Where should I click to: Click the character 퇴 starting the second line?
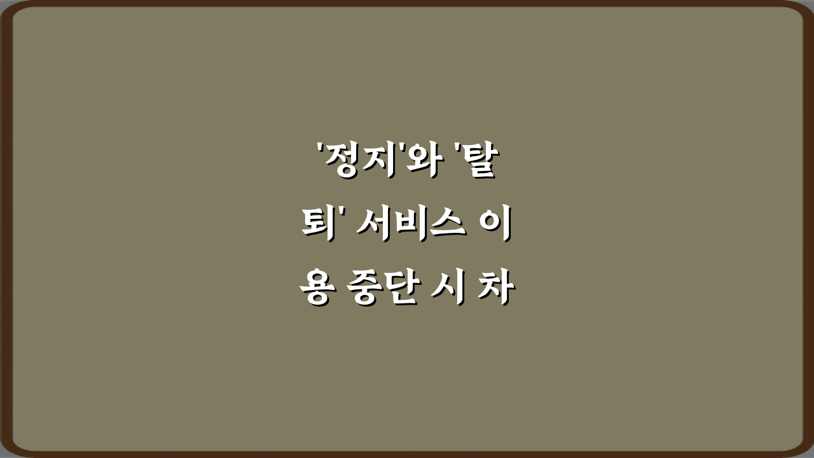316,226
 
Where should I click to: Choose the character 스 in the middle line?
446,226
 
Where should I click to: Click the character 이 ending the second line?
497,226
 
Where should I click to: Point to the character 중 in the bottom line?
365,289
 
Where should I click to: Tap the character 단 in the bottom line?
401,289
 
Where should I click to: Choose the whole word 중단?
383,289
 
